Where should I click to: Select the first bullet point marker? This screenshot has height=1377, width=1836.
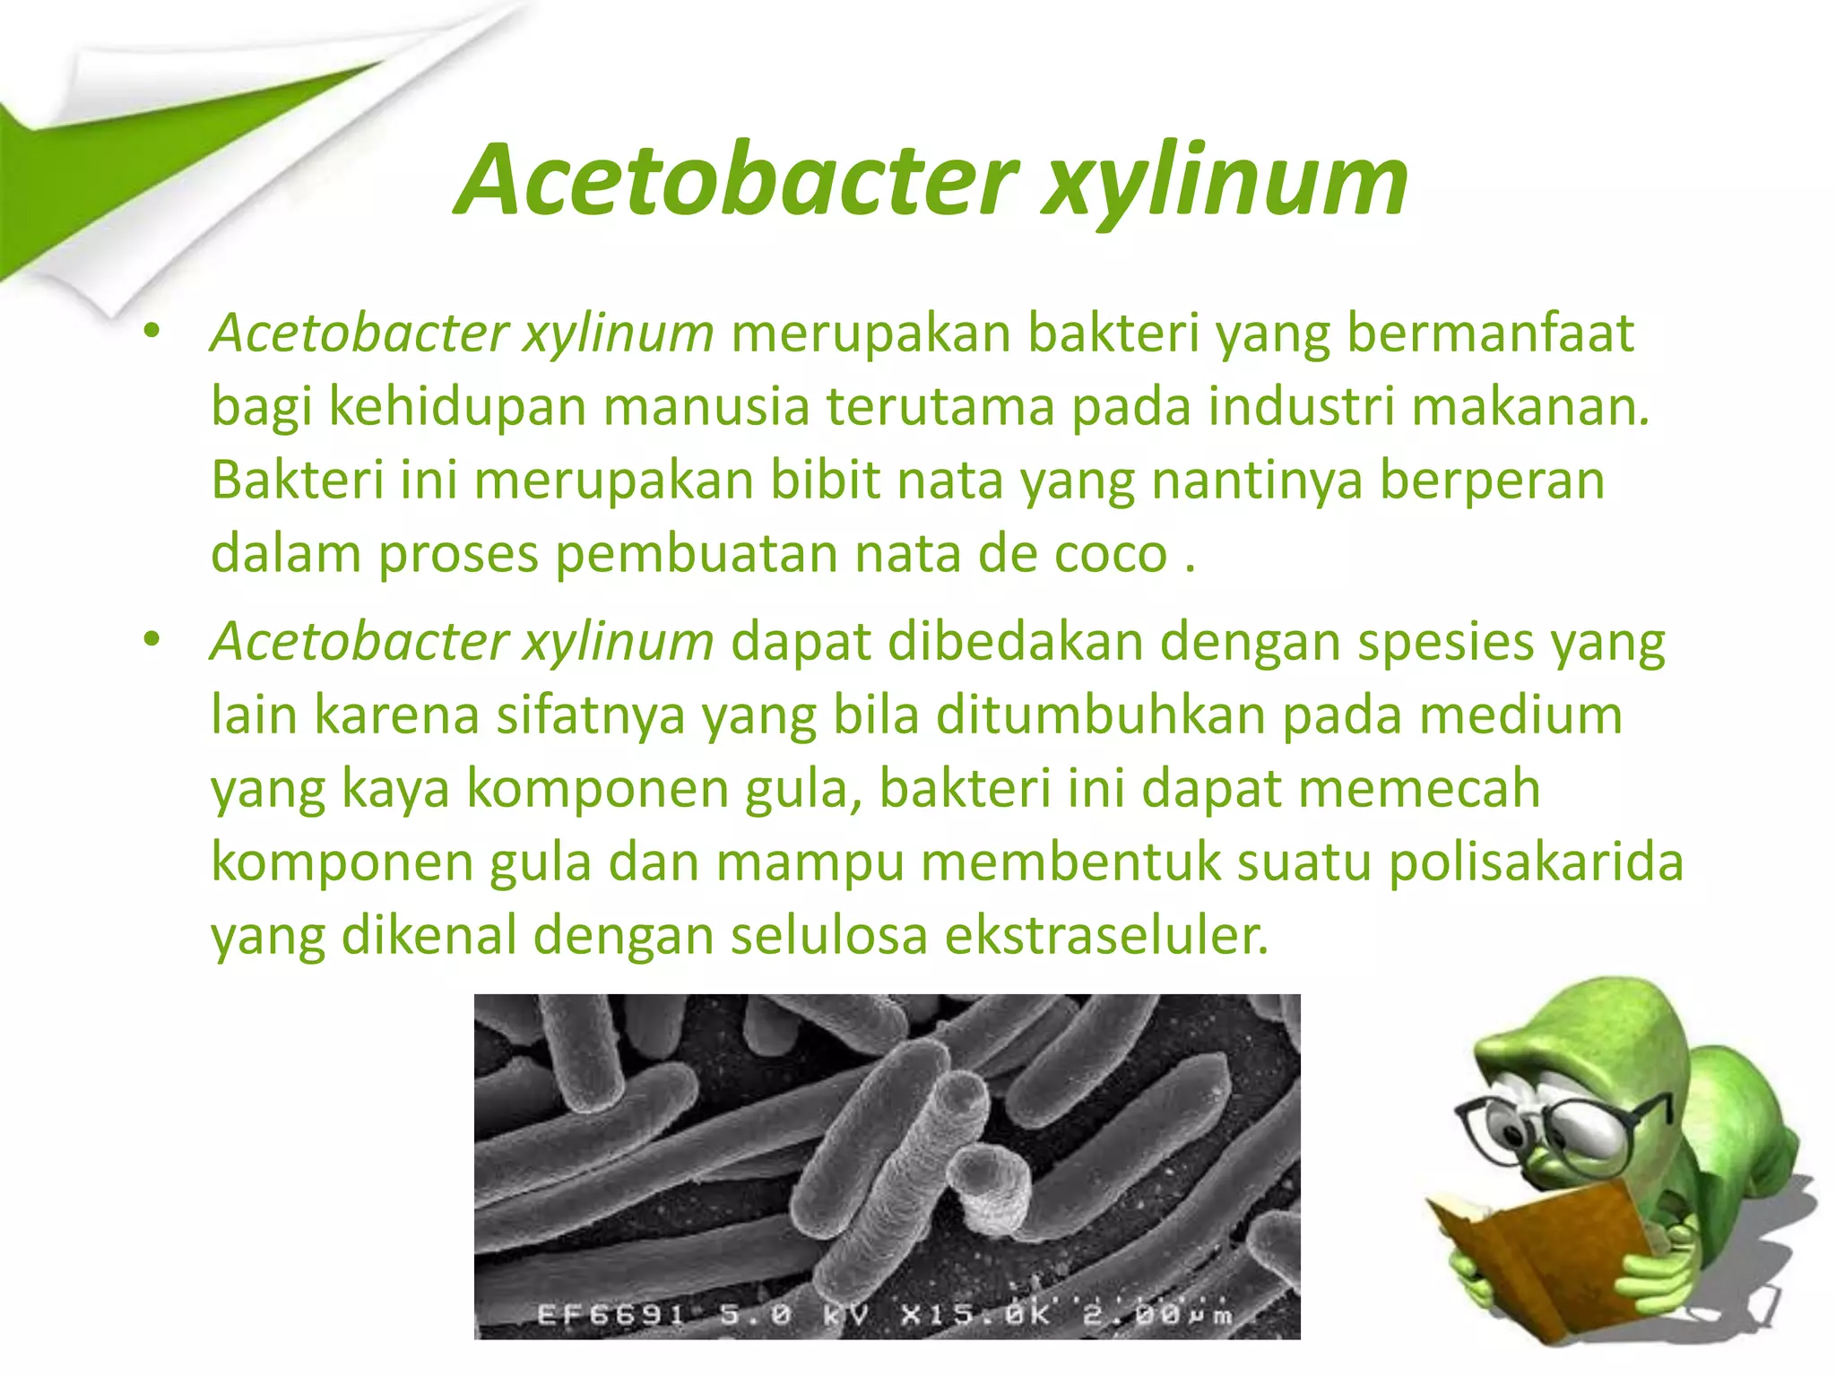click(152, 333)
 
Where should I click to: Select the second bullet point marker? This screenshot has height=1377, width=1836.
click(152, 640)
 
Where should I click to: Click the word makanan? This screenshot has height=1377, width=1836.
click(1530, 406)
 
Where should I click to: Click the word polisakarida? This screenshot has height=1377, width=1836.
click(1536, 862)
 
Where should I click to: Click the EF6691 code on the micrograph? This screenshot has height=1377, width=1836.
click(610, 1315)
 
